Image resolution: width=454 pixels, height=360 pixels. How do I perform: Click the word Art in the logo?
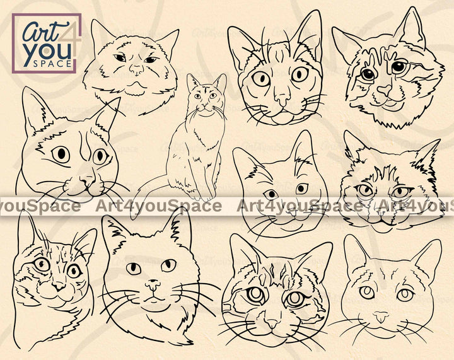pyautogui.click(x=40, y=31)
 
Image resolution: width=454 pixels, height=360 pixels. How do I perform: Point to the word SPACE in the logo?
pyautogui.click(x=52, y=64)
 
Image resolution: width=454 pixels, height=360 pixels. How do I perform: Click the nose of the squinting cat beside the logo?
pyautogui.click(x=136, y=69)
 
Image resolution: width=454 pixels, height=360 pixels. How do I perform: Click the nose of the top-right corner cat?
pyautogui.click(x=385, y=90)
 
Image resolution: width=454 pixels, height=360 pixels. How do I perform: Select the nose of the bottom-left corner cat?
pyautogui.click(x=59, y=286)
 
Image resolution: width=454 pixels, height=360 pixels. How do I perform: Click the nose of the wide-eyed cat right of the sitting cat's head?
pyautogui.click(x=282, y=99)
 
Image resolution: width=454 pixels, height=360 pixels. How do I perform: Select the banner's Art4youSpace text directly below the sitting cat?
pyautogui.click(x=158, y=206)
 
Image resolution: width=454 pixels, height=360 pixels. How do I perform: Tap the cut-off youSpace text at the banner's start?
pyautogui.click(x=40, y=206)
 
